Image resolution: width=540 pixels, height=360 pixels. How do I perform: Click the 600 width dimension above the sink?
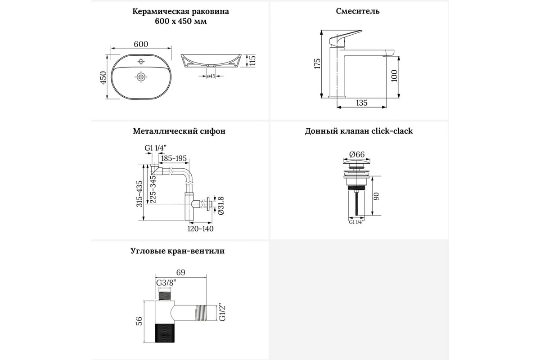click(141, 44)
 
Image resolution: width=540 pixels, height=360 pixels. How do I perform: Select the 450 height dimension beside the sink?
click(103, 78)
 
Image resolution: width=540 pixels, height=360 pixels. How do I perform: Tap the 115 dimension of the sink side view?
click(252, 60)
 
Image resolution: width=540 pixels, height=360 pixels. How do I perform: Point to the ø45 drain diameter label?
click(211, 76)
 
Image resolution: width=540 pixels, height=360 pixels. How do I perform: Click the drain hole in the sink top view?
click(141, 77)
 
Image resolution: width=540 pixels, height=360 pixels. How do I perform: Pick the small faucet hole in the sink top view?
click(141, 61)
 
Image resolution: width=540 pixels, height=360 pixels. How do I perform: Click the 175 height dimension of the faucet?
click(317, 63)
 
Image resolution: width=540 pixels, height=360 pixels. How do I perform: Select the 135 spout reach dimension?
click(362, 103)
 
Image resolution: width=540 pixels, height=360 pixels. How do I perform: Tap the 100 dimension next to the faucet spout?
click(394, 76)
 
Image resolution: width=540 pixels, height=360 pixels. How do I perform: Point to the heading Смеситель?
click(358, 11)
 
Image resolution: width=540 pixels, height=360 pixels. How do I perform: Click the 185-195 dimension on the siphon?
click(174, 158)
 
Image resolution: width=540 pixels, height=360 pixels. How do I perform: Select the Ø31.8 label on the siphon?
click(221, 206)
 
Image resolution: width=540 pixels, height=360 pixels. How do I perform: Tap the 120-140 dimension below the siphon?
click(201, 229)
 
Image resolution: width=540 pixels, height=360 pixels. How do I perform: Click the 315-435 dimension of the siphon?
click(139, 194)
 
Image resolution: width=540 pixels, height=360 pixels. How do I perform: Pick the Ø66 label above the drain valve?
click(357, 154)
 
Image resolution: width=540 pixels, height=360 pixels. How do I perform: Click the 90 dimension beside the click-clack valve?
click(376, 196)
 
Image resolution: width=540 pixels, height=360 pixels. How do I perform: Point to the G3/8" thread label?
click(166, 283)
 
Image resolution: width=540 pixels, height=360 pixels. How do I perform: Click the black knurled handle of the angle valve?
click(165, 333)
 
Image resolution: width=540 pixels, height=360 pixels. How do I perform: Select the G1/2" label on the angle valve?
click(222, 313)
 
